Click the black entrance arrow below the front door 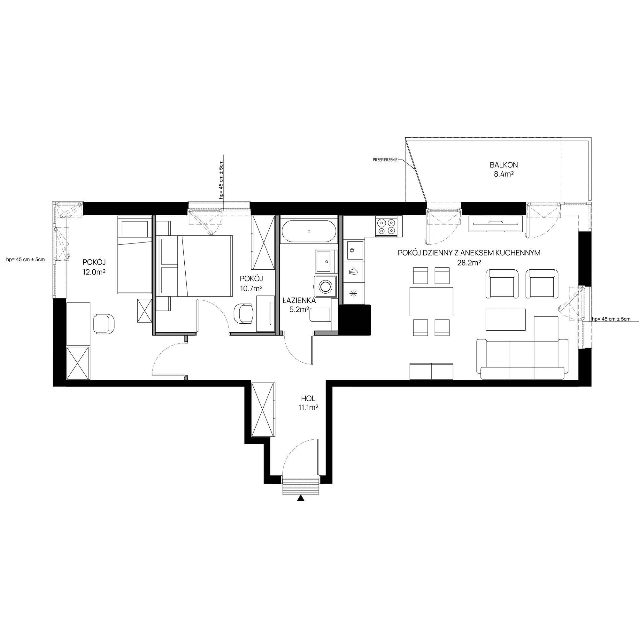tap(300, 498)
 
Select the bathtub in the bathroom tap(309, 232)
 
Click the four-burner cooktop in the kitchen tap(386, 227)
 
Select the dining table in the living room tap(431, 302)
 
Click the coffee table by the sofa tap(505, 319)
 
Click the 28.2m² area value tap(471, 262)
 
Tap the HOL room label tap(308, 399)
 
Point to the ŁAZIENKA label tap(299, 301)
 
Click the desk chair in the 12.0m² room tap(104, 324)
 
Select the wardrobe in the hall tap(263, 410)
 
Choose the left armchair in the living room tap(502, 283)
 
